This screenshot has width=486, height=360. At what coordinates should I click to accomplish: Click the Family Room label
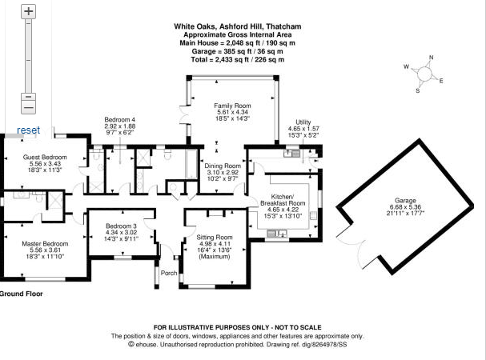[232, 106]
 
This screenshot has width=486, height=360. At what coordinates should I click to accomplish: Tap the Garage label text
[405, 201]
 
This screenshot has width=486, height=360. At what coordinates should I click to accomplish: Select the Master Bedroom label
[45, 244]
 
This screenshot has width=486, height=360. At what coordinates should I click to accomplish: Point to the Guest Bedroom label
[45, 157]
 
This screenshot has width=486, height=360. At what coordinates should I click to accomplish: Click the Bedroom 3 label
[121, 226]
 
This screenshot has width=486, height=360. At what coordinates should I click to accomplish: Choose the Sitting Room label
[215, 238]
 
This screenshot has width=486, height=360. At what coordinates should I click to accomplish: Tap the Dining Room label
[223, 166]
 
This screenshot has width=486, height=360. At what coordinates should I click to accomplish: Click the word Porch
[169, 273]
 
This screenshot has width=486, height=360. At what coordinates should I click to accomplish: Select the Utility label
[303, 122]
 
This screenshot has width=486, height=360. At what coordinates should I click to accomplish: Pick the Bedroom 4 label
[119, 119]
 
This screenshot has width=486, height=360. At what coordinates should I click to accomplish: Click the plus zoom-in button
[29, 11]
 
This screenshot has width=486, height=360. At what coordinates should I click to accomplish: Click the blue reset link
[29, 130]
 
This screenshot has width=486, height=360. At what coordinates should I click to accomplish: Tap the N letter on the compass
[431, 58]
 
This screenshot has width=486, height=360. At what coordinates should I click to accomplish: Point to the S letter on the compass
[418, 90]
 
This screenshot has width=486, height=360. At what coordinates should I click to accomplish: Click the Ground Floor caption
[21, 294]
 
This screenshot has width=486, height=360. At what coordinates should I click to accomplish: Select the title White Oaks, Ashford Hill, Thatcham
[238, 26]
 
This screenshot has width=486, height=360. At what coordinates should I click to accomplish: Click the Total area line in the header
[238, 59]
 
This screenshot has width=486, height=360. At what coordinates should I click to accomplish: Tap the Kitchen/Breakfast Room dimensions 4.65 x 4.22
[283, 210]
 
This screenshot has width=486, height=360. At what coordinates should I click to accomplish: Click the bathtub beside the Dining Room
[191, 164]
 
